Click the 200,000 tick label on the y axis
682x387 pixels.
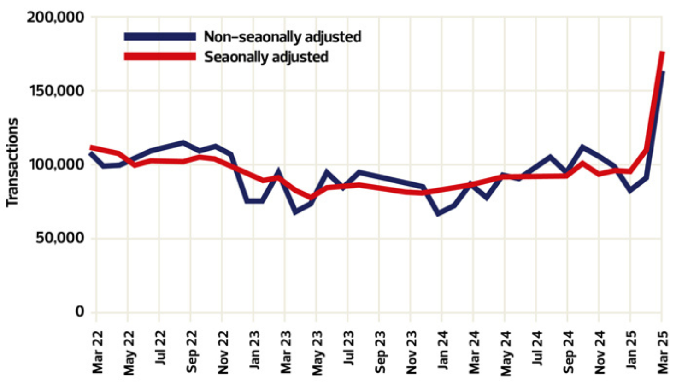click(56, 17)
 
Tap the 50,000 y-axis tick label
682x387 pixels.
click(60, 238)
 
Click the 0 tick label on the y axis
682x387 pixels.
click(80, 312)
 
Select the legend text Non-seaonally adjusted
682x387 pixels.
click(282, 37)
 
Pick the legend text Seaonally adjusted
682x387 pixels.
click(266, 57)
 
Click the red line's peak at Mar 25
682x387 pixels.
click(662, 53)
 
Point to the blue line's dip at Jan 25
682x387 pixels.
click(630, 190)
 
